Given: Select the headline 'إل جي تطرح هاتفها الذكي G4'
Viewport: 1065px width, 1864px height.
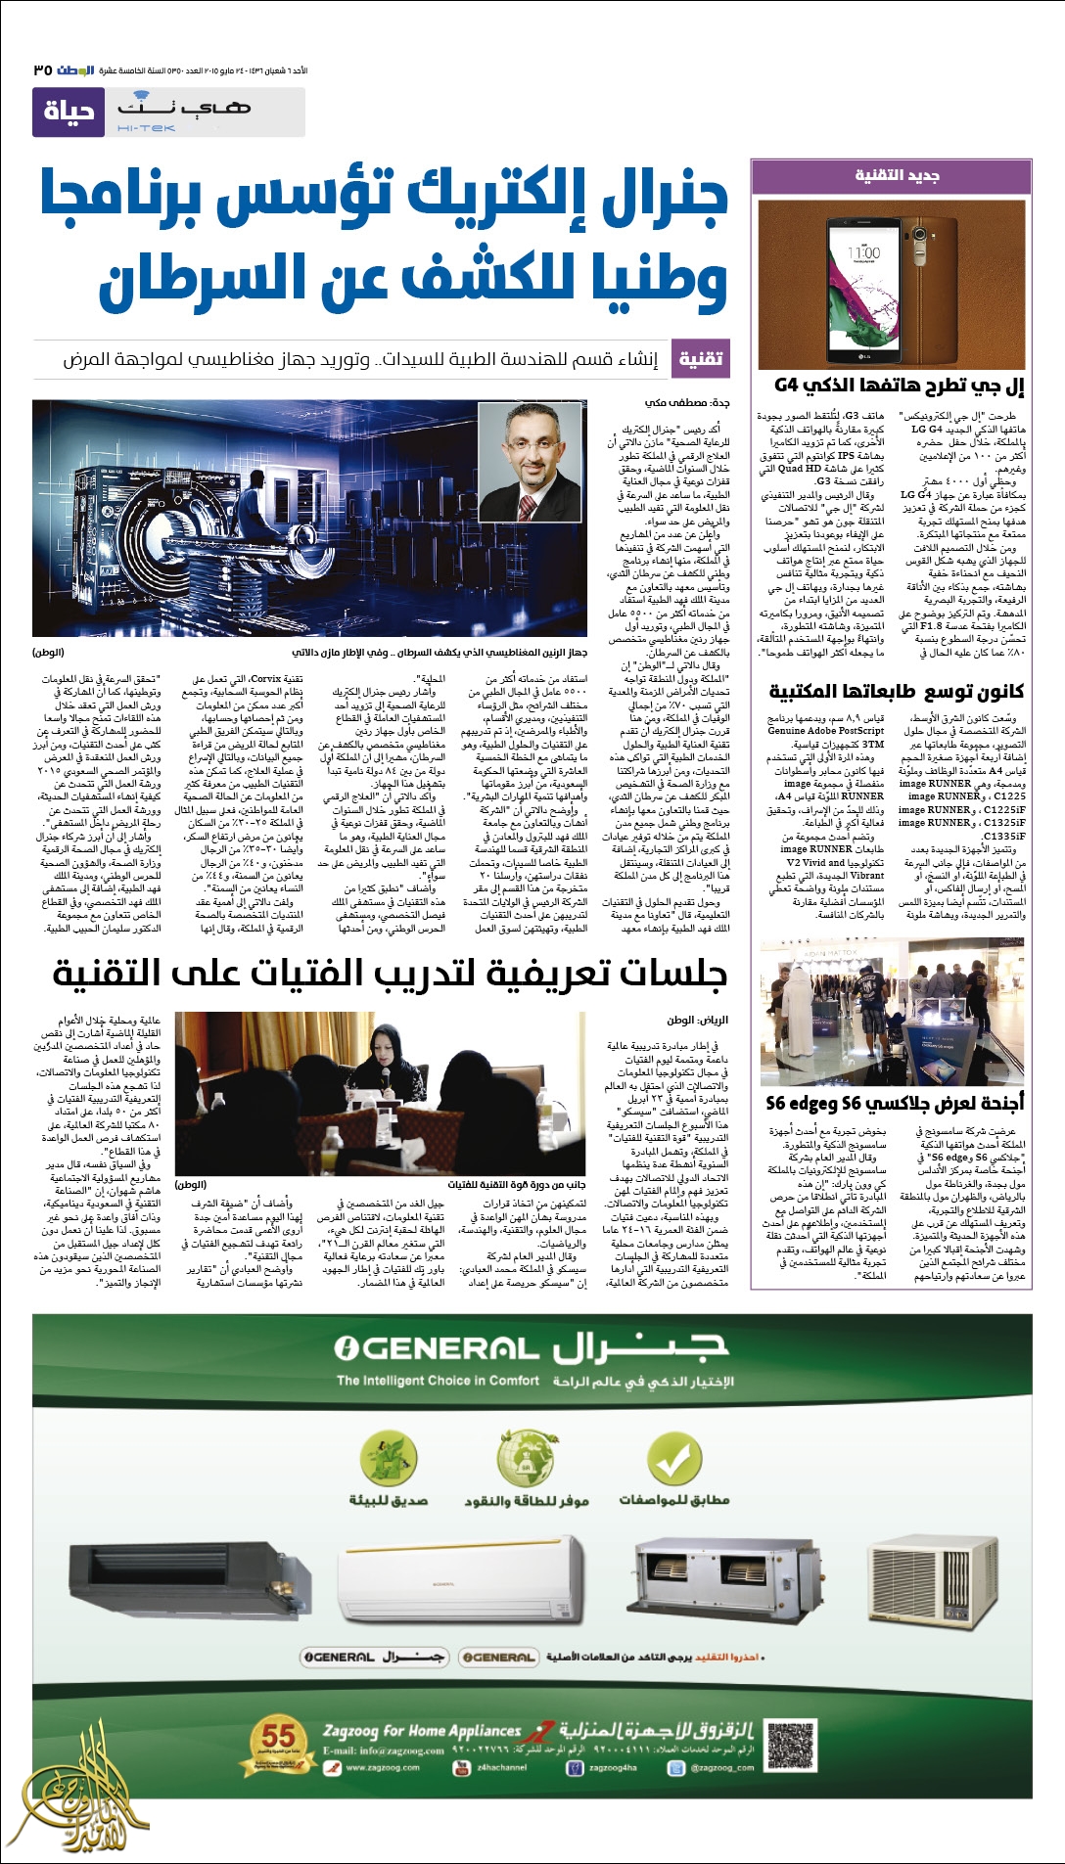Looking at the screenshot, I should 899,386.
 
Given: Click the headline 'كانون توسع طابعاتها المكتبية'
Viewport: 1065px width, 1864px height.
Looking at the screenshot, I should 897,691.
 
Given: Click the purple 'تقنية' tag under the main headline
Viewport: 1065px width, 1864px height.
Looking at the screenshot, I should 701,359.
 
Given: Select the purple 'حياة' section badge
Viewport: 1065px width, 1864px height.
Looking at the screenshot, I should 68,112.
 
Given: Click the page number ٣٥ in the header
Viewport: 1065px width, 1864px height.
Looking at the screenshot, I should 42,70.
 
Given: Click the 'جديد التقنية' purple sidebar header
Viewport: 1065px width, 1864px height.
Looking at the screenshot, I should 897,175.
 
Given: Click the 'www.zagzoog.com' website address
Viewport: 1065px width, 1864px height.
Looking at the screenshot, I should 382,1767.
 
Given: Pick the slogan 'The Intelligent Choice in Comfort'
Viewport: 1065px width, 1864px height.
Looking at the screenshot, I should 438,1381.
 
